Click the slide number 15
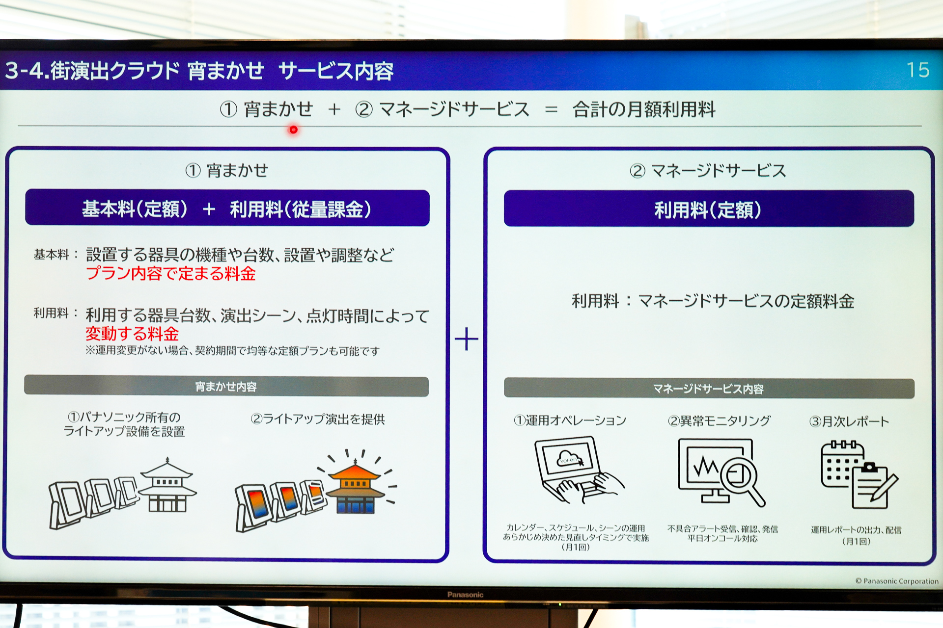coord(917,70)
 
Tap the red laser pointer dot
coord(293,130)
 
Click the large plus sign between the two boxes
coord(466,339)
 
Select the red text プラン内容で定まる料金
coord(170,274)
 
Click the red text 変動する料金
coord(132,334)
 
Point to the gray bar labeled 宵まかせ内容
coord(226,387)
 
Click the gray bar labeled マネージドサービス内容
coord(708,389)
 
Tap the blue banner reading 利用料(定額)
coord(708,209)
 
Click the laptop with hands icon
coord(577,471)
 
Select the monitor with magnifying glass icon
coord(720,472)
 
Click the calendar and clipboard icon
coord(858,474)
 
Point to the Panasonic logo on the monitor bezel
coord(465,595)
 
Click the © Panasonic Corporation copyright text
coord(897,581)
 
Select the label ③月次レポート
coord(849,421)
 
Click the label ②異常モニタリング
coord(719,421)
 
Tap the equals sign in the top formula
coord(551,109)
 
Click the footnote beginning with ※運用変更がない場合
coord(232,351)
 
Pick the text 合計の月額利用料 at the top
coord(643,109)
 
